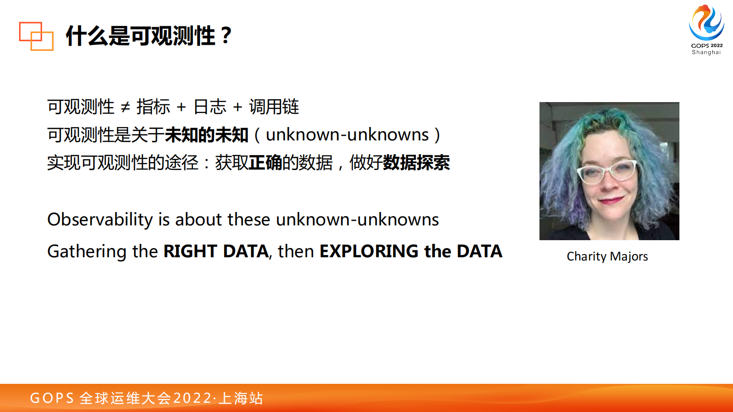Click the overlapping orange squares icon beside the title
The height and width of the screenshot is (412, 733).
point(36,36)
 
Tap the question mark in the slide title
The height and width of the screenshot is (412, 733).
point(226,36)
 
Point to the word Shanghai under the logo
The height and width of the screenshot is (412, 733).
point(706,52)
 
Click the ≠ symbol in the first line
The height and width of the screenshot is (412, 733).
point(125,107)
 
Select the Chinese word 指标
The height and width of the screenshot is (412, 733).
point(153,107)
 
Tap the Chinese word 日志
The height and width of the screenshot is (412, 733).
point(210,107)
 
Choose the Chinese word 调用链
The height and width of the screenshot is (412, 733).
point(274,107)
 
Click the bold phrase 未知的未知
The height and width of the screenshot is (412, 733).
point(206,135)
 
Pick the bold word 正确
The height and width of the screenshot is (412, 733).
point(266,163)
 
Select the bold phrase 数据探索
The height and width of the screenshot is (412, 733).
point(417,163)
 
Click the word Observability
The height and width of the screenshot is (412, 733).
point(100,219)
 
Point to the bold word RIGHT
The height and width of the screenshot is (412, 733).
point(190,251)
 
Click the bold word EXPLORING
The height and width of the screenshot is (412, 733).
point(369,251)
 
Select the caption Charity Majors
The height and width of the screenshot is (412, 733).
point(607,256)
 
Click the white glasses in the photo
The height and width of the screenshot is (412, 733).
point(606,172)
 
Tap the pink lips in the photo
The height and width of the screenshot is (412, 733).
point(611,200)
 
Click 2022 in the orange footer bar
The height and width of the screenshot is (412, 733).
point(193,398)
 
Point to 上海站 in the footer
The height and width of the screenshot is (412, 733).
point(241,398)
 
